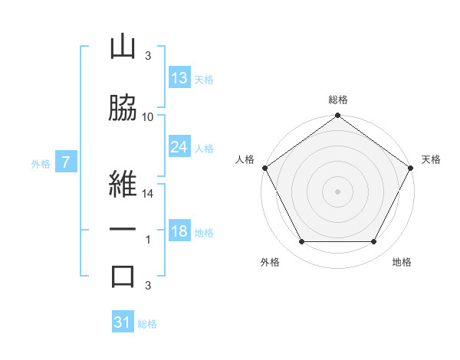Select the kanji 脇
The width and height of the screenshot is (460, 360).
[123, 107]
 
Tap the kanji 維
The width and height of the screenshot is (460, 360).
[123, 184]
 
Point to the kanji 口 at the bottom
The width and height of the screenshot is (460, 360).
[123, 277]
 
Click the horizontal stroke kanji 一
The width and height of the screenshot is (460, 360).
[123, 229]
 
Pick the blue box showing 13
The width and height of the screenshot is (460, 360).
[180, 77]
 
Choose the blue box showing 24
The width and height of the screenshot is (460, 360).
[180, 146]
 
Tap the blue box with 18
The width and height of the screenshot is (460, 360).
[180, 230]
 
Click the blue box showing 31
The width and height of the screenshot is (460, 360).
[123, 321]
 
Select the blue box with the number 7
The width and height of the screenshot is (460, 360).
[66, 162]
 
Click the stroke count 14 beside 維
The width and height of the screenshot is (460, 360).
[147, 194]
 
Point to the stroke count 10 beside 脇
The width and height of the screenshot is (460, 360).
[147, 117]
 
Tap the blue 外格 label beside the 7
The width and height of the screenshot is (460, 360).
[41, 164]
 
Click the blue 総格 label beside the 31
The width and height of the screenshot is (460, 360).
[147, 324]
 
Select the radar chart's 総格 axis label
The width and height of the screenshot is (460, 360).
[338, 100]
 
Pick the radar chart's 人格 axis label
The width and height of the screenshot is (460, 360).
[245, 159]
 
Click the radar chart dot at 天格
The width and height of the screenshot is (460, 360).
[410, 168]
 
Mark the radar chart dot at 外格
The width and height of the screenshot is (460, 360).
[302, 241]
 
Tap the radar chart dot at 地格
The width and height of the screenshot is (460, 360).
[373, 241]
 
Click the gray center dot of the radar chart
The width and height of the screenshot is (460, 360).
[337, 191]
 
